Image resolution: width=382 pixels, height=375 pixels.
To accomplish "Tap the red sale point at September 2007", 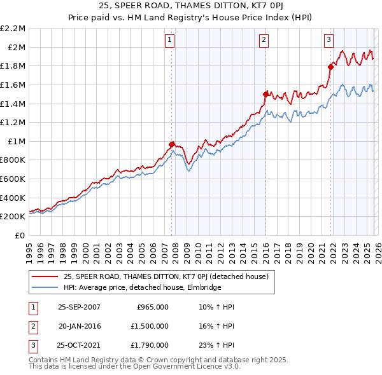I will pyautogui.click(x=172, y=144).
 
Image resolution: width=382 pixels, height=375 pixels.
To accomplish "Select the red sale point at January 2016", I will pyautogui.click(x=265, y=93).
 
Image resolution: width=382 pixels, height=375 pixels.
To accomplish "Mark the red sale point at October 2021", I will pyautogui.click(x=330, y=66).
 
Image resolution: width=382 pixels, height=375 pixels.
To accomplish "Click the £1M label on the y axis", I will pyautogui.click(x=17, y=141).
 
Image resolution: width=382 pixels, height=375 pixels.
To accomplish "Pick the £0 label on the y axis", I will pyautogui.click(x=21, y=235).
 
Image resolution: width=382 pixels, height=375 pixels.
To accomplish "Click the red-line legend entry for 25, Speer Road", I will pyautogui.click(x=166, y=276).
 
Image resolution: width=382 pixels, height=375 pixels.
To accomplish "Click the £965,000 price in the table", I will pyautogui.click(x=153, y=306).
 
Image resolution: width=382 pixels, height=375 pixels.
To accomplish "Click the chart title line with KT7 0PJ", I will pyautogui.click(x=191, y=7).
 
